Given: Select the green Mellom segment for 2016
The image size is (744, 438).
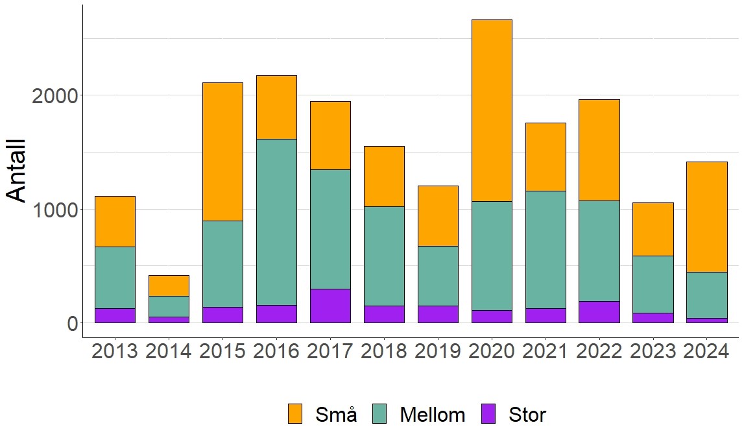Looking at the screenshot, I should pos(276,222).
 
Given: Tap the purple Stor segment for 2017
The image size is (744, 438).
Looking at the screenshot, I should pos(330,306).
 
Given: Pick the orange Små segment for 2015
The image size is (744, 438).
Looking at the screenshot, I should pos(222,151).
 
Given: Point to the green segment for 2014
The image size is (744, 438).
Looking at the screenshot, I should pos(169,306).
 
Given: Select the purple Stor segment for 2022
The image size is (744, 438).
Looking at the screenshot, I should pos(599,312).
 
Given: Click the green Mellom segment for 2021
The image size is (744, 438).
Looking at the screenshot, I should pos(546,249).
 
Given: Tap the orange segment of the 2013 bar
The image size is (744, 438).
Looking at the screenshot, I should pos(115,221).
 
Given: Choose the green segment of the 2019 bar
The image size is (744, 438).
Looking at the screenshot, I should pos(438,276).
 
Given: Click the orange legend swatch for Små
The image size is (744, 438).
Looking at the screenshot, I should pos(295,414).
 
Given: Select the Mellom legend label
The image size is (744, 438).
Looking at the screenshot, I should pos(433,415).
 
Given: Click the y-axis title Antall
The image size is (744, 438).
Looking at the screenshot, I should pos(16,171).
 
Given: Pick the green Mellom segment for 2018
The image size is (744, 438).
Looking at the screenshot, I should pos(384,256).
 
